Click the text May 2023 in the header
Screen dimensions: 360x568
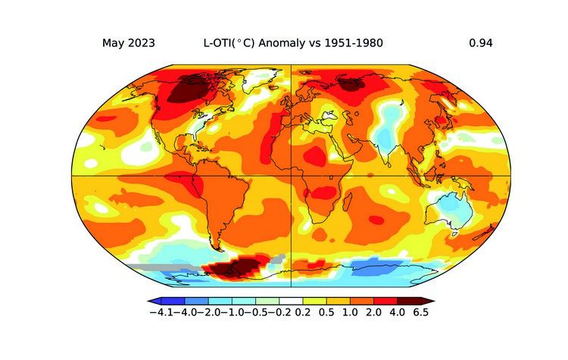129,43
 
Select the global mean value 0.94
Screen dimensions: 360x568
481,43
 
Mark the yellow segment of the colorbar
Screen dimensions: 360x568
317,301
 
